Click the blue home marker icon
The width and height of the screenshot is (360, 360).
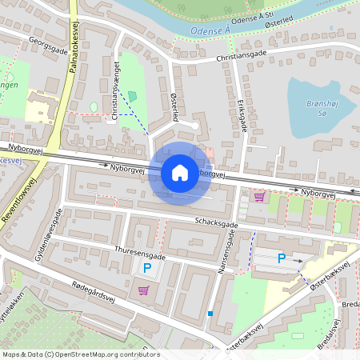pos(180,172)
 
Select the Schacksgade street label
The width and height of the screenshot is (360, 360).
pos(215,223)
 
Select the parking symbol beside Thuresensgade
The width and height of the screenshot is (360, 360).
pos(146,269)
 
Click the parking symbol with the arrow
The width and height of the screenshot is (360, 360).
pos(281,258)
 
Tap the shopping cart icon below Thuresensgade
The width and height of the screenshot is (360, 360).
pos(143,290)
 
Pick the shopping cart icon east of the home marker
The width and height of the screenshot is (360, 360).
pos(259,196)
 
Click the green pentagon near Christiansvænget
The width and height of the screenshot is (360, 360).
pos(132,96)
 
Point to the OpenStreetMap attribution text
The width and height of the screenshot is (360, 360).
pos(80,354)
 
